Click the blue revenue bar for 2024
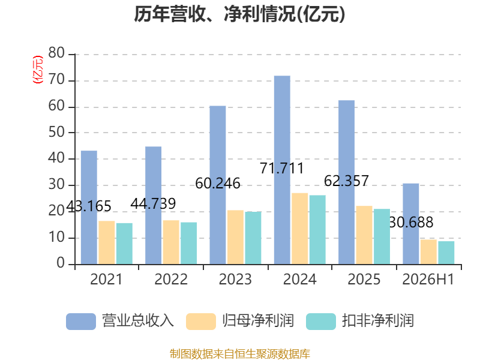point(282,170)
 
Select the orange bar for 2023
point(235,237)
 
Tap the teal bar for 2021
point(124,244)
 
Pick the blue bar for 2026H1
point(411,224)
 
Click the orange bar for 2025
point(364,235)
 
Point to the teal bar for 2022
point(188,244)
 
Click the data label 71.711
point(281,168)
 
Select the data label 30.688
point(411,222)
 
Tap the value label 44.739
point(153,203)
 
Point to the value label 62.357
point(346,181)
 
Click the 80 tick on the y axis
point(56,53)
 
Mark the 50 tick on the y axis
point(56,132)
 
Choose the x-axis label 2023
point(235,279)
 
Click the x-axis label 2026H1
point(428,279)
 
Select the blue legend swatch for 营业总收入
point(81,322)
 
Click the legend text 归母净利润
point(258,321)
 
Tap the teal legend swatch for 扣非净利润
point(321,322)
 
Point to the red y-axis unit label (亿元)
point(38,70)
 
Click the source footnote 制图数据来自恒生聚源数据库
point(239,354)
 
